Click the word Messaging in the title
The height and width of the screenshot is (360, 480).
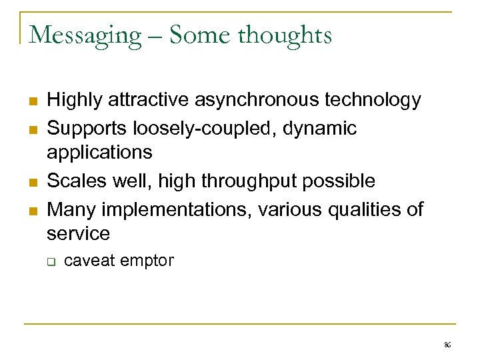(85, 35)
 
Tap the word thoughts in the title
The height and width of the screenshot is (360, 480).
(287, 35)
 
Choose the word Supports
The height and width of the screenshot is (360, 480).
(89, 127)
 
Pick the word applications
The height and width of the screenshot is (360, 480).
(99, 153)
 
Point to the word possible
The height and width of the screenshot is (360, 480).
(341, 181)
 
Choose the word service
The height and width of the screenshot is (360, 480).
(79, 234)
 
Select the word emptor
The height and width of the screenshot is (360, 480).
(147, 261)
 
